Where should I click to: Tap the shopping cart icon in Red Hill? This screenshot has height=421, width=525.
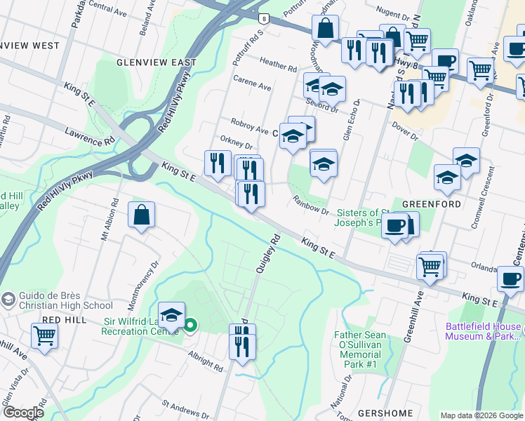click(44, 335)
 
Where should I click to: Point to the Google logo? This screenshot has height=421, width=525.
click(23, 413)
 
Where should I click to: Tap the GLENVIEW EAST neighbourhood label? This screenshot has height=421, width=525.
click(156, 62)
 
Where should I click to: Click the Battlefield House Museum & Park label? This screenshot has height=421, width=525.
click(484, 331)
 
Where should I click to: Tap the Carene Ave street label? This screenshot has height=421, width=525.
click(252, 87)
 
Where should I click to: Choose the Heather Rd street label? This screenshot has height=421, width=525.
click(278, 65)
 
